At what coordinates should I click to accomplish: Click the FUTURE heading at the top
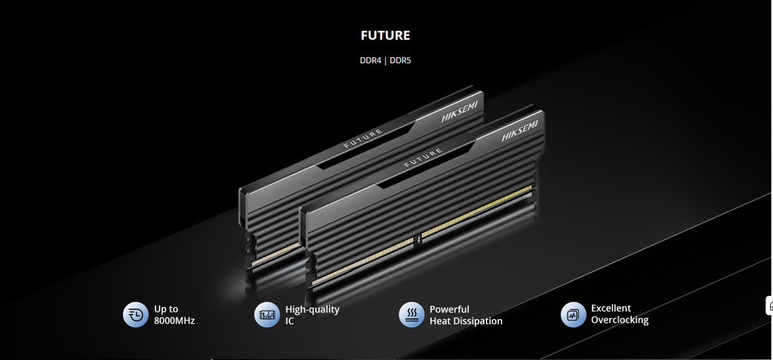pos(386,35)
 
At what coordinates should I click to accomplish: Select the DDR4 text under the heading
pos(370,61)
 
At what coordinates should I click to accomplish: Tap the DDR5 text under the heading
pos(400,61)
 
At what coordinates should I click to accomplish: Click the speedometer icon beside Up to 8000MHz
pos(136,315)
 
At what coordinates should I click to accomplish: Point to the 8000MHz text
pos(174,321)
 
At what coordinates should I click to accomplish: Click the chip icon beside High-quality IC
pos(266,315)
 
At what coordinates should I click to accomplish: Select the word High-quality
pos(313,309)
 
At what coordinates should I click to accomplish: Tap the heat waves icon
pos(411,315)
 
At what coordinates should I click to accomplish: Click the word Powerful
pos(449,309)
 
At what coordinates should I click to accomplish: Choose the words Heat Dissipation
pos(466,321)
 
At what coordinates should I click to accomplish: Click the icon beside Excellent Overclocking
pos(574,315)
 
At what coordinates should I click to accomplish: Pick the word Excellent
pos(611,308)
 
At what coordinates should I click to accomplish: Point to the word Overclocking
pos(620,320)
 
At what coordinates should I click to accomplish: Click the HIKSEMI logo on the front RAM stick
pos(519,131)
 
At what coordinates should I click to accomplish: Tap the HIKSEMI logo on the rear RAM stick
pos(460,112)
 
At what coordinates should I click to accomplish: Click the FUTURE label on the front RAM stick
pos(423,158)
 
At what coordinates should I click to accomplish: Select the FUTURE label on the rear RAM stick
pos(363,139)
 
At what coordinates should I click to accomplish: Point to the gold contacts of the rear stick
pos(276,254)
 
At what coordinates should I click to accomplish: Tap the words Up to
pos(166,309)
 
